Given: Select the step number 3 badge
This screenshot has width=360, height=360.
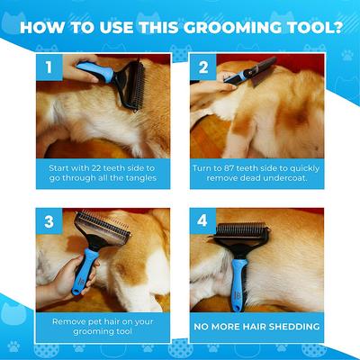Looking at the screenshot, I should pos(48,220).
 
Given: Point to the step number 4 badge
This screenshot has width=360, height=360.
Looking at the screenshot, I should pos(204,220).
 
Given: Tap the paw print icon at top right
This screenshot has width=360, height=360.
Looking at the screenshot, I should pos(346,55).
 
